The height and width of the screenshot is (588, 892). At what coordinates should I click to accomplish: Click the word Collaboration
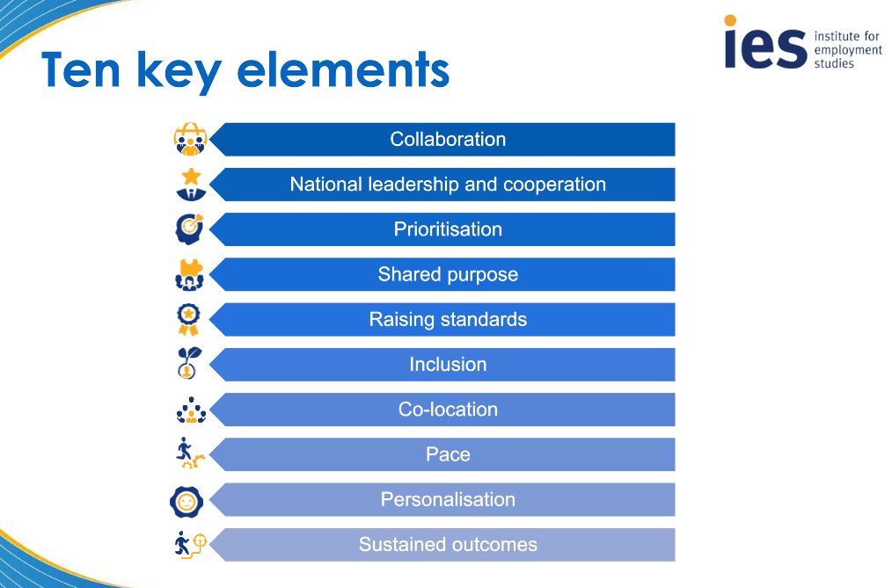pos(448,139)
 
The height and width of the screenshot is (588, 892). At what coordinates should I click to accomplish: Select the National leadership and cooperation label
pos(448,185)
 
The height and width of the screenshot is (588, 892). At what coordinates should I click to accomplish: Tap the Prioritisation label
pos(448,229)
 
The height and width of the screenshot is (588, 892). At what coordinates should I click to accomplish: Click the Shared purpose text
pos(448,274)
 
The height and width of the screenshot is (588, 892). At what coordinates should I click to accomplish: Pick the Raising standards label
pos(448,319)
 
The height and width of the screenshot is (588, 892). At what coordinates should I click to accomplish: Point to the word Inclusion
pos(448,364)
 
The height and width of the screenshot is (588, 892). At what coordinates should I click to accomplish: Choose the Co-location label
pos(448,410)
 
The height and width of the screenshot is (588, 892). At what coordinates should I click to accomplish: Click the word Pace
pos(448,454)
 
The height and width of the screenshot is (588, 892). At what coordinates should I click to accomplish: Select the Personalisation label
pos(448,499)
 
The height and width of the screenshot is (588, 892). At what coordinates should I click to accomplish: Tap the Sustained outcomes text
pos(448,545)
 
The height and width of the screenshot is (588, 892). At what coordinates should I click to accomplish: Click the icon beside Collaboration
pos(188,140)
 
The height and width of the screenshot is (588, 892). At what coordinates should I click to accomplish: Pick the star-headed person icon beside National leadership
pos(188,185)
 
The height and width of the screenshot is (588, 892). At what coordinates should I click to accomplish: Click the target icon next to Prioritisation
pos(188,229)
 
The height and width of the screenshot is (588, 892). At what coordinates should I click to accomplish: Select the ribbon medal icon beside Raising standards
pos(188,319)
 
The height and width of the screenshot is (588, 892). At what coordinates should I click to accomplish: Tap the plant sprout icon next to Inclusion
pos(188,364)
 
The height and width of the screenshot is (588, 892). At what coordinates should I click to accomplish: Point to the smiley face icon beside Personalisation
pos(187,501)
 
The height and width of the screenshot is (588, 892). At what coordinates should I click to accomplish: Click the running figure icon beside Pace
pos(188,454)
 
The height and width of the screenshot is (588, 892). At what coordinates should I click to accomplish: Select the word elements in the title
pos(350,71)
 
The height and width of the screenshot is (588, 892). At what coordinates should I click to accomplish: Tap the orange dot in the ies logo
pos(730,20)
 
